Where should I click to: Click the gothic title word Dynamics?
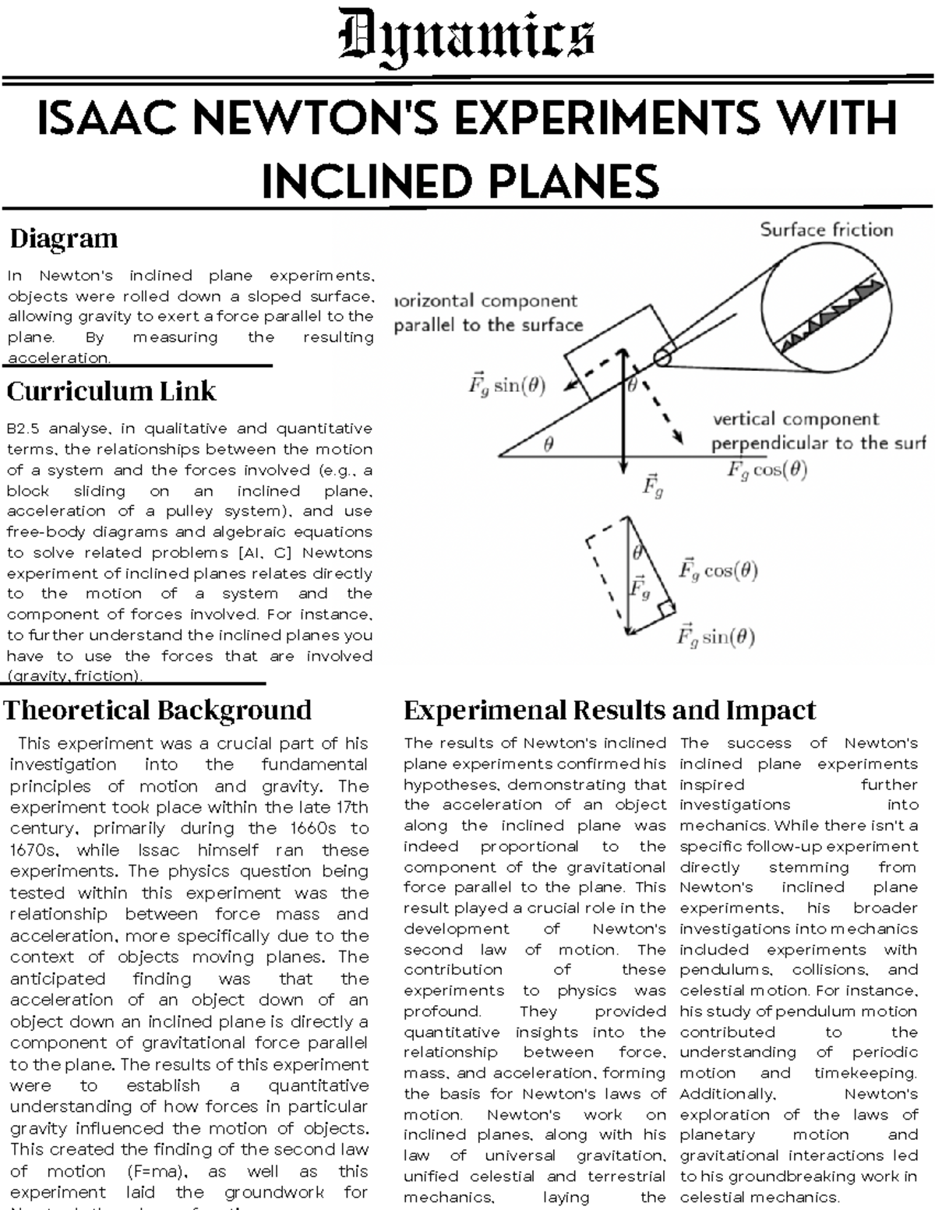467,37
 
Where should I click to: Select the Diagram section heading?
64,238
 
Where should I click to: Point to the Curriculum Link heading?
111,391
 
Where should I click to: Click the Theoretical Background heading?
158,711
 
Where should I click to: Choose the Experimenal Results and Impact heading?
609,711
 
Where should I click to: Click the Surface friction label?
826,230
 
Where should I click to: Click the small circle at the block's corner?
662,358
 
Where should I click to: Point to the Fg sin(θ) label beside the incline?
506,386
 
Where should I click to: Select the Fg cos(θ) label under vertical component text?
767,470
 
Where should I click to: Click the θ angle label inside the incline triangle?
549,445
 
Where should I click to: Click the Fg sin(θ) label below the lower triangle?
716,637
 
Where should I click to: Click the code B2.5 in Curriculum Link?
23,429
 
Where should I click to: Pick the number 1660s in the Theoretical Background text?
320,829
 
